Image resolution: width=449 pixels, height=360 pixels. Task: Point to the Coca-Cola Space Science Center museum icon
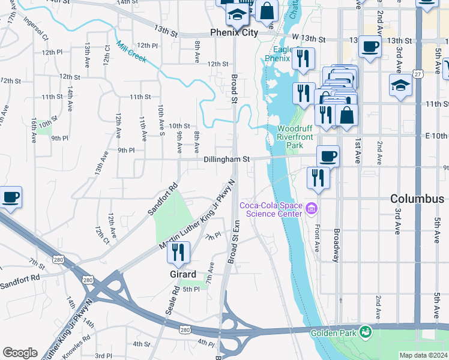pyautogui.click(x=311, y=209)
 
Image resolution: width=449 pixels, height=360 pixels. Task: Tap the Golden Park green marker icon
pyautogui.click(x=364, y=332)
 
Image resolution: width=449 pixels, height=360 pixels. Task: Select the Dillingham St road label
pyautogui.click(x=226, y=160)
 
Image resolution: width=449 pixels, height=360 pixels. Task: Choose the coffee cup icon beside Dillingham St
pyautogui.click(x=328, y=156)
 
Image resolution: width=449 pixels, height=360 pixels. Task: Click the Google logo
pyautogui.click(x=20, y=352)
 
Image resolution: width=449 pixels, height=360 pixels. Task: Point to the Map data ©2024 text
pyautogui.click(x=423, y=355)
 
